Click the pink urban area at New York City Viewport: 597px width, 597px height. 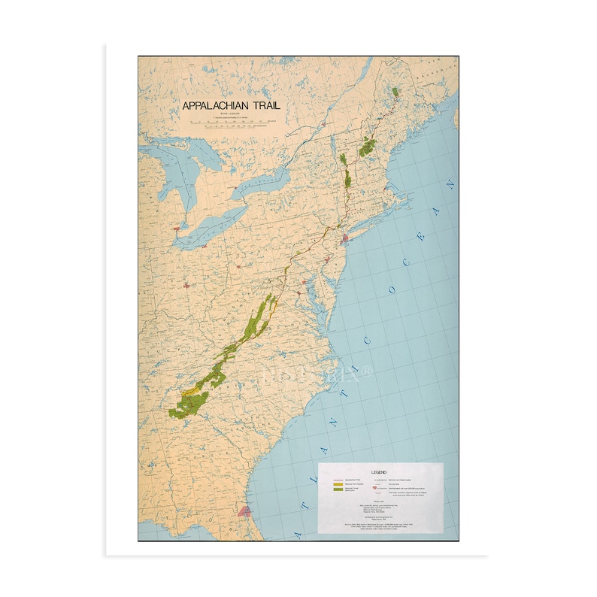[x=345, y=239]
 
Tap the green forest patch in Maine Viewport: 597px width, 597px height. [x=396, y=92]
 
